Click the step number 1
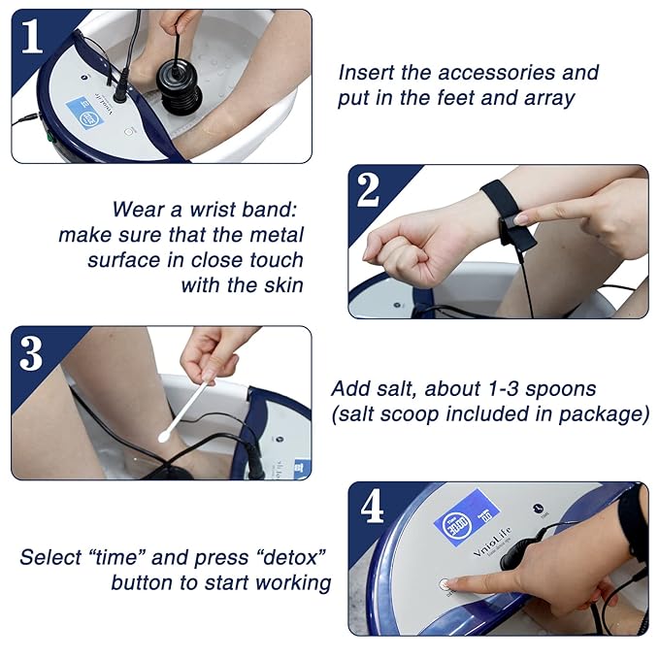32,36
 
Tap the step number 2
368,190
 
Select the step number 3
31,352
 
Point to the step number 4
371,508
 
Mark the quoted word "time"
127,557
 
